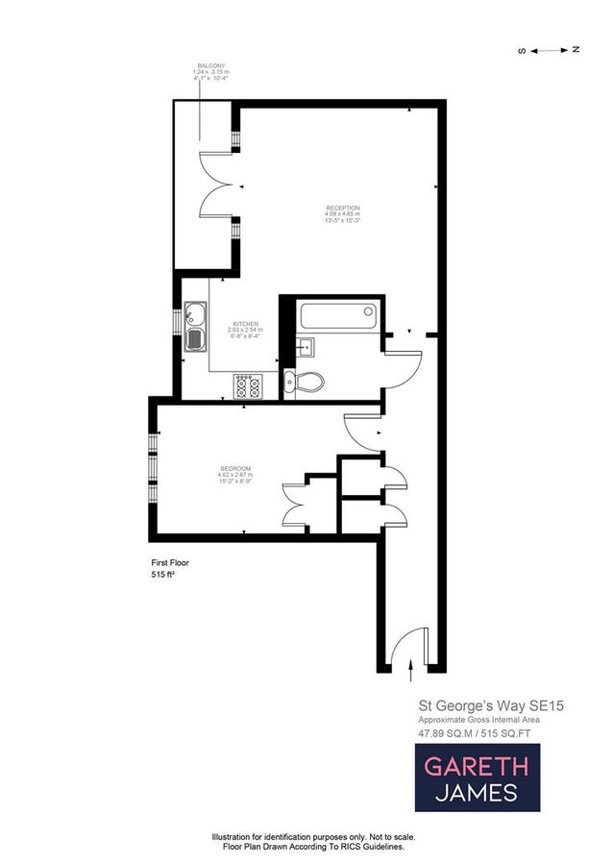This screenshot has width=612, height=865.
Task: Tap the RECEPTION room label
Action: pyautogui.click(x=342, y=209)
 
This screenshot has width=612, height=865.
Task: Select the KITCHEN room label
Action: pyautogui.click(x=245, y=324)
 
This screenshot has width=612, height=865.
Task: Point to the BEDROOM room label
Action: pyautogui.click(x=234, y=468)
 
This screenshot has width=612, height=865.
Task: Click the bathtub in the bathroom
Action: pyautogui.click(x=336, y=314)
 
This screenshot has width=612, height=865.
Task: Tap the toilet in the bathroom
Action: pyautogui.click(x=306, y=382)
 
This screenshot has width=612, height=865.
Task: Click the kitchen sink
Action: pyautogui.click(x=194, y=326)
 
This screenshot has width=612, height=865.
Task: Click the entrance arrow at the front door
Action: pyautogui.click(x=411, y=663)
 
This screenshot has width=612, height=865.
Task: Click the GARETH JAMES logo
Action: pyautogui.click(x=477, y=778)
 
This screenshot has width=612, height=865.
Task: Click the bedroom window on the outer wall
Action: pyautogui.click(x=152, y=468)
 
